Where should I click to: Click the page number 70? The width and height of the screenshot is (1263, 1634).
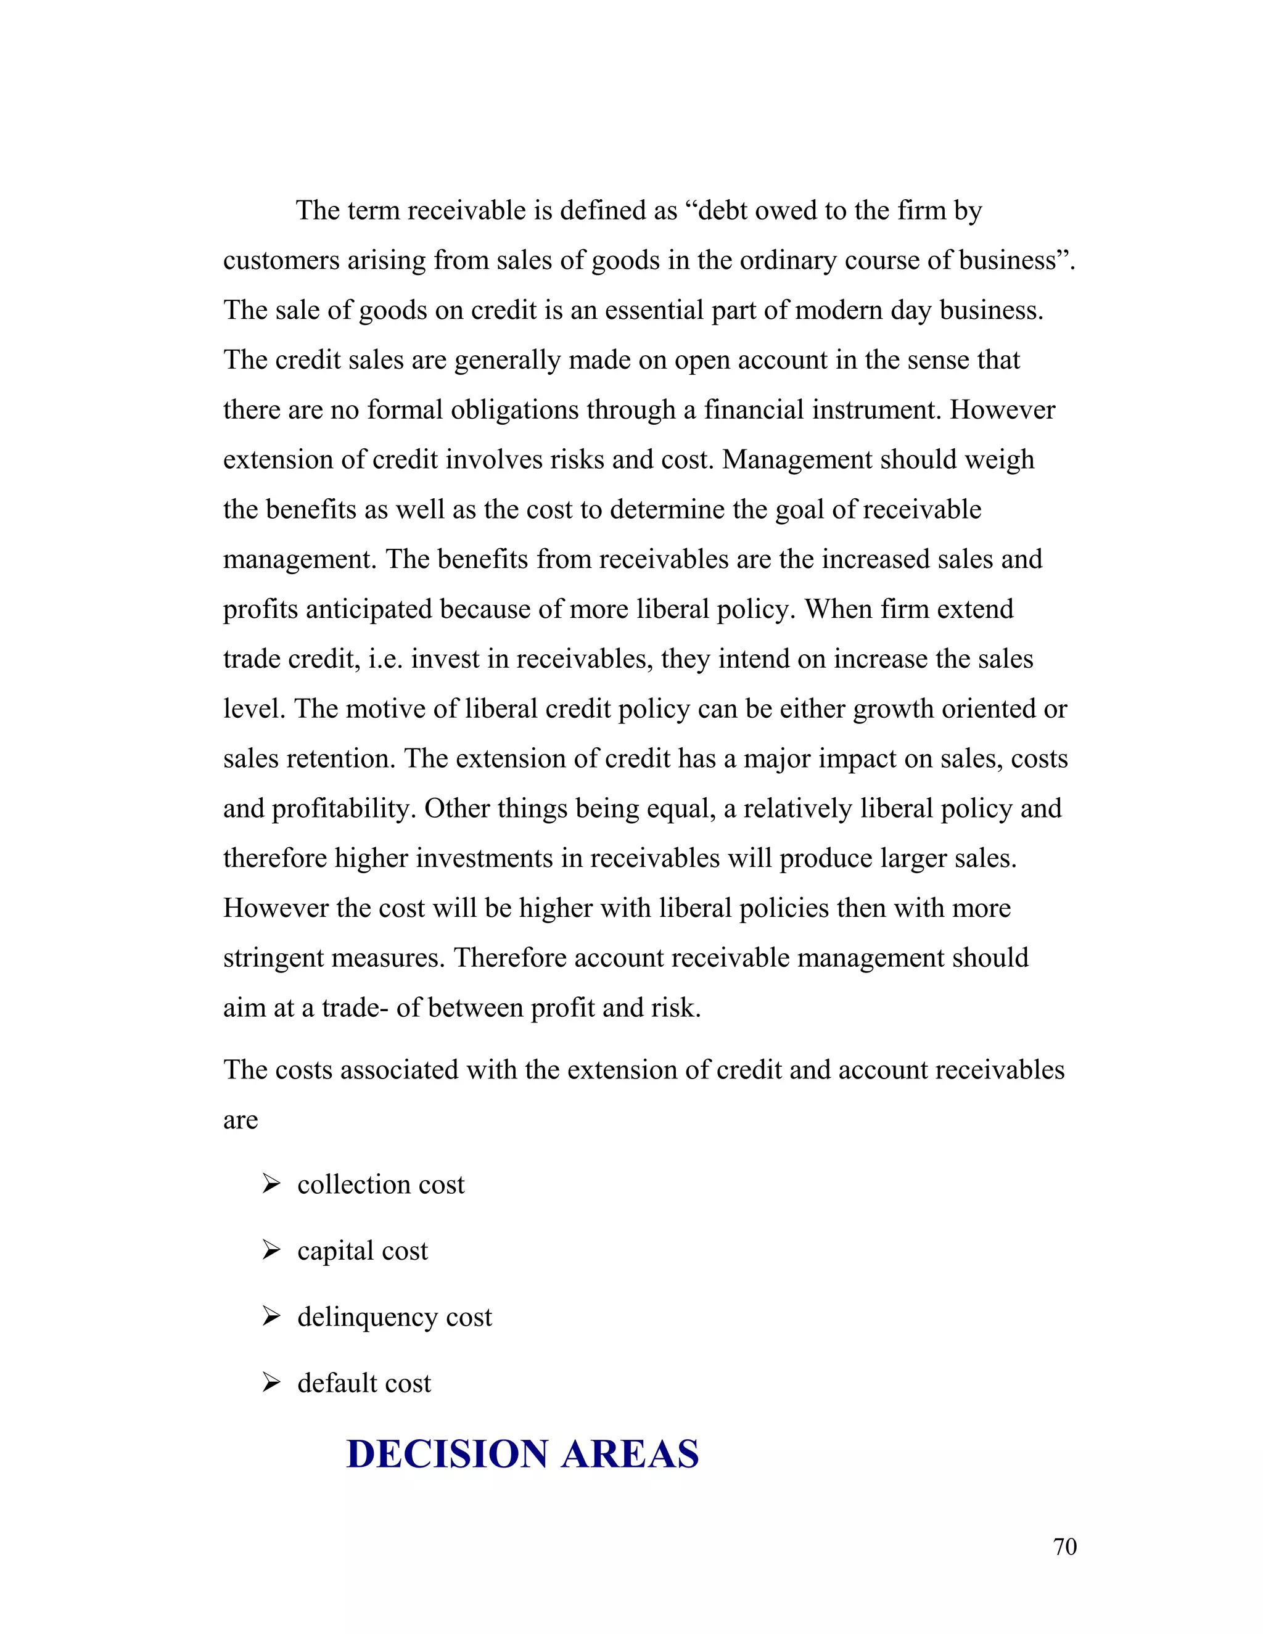click(x=1064, y=1546)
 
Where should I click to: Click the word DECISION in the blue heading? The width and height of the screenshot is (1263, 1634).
click(x=448, y=1454)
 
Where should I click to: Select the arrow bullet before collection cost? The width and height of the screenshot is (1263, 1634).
click(x=271, y=1184)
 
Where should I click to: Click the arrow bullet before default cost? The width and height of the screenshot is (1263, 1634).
click(x=271, y=1382)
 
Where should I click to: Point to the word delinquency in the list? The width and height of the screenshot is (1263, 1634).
click(x=367, y=1318)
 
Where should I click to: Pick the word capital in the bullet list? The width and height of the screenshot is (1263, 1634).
click(x=334, y=1251)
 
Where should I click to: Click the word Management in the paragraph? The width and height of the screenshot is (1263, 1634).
click(x=796, y=459)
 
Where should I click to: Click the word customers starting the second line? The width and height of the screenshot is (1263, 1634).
click(x=281, y=261)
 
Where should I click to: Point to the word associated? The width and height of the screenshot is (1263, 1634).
click(x=400, y=1070)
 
